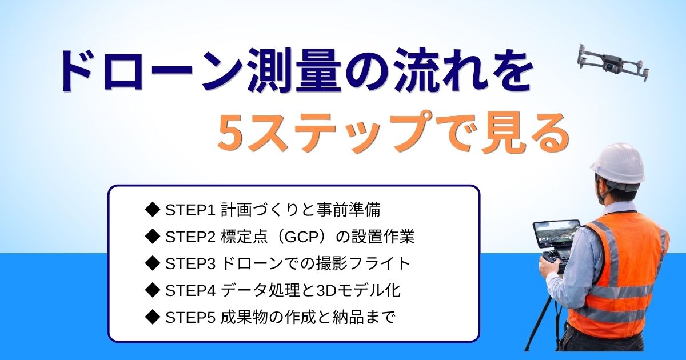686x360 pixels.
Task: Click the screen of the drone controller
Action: [x=556, y=235]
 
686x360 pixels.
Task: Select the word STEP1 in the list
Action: [x=190, y=210]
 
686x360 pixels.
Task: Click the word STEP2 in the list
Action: [x=190, y=237]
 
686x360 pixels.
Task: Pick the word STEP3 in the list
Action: [x=190, y=263]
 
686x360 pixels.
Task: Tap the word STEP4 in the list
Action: [x=190, y=290]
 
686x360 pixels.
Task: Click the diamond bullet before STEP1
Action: [x=153, y=210]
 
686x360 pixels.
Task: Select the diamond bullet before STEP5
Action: [x=153, y=317]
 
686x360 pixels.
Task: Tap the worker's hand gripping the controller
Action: [x=548, y=266]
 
